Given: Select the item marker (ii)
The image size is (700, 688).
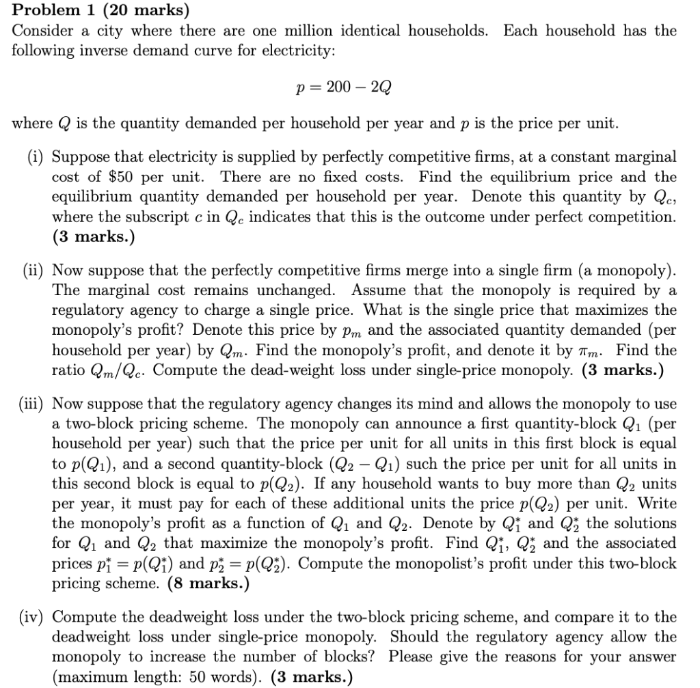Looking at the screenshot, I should (x=33, y=270).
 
